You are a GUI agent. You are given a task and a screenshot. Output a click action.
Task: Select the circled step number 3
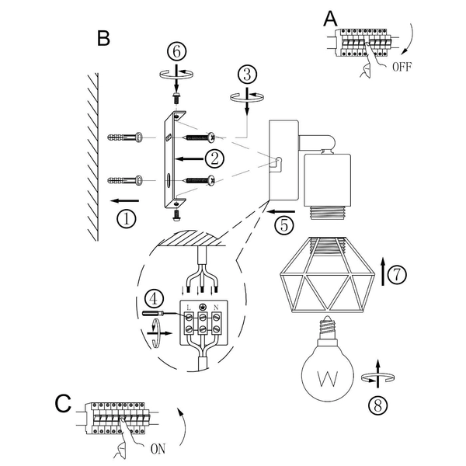click(247, 75)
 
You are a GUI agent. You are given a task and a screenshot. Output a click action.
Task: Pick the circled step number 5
click(283, 226)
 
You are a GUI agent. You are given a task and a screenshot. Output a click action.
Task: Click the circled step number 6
click(177, 52)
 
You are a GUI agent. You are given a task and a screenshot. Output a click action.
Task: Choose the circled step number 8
click(376, 404)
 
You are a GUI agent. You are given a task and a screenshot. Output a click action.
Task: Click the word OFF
click(402, 67)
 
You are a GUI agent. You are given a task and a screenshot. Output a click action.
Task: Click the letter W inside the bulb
click(329, 380)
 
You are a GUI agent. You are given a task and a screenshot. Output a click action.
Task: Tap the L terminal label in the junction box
click(189, 308)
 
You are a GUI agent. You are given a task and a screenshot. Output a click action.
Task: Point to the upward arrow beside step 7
click(384, 268)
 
